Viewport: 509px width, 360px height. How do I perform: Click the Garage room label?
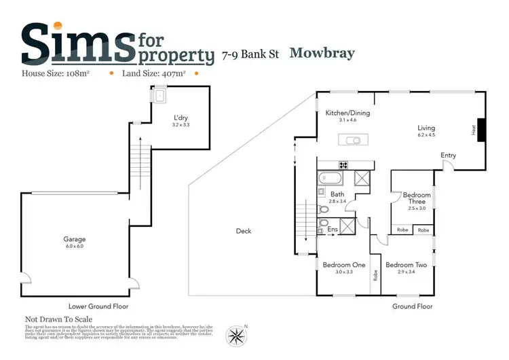pos(75,240)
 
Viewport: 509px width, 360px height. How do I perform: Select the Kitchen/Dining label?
pos(347,113)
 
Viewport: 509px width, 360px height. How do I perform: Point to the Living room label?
pos(426,128)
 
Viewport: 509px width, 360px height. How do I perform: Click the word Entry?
pos(448,156)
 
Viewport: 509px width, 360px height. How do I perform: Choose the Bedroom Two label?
pos(406,265)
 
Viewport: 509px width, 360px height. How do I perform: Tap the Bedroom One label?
pos(344,265)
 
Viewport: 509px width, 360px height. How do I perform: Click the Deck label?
pos(244,231)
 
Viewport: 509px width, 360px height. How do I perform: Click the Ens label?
pos(333,230)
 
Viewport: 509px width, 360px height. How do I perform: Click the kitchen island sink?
pos(353,141)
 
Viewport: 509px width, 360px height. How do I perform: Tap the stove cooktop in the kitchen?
pos(343,164)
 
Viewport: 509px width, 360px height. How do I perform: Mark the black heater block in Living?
pos(481,130)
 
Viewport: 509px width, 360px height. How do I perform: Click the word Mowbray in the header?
pos(322,53)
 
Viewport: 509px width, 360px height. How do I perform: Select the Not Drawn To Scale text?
pos(58,319)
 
